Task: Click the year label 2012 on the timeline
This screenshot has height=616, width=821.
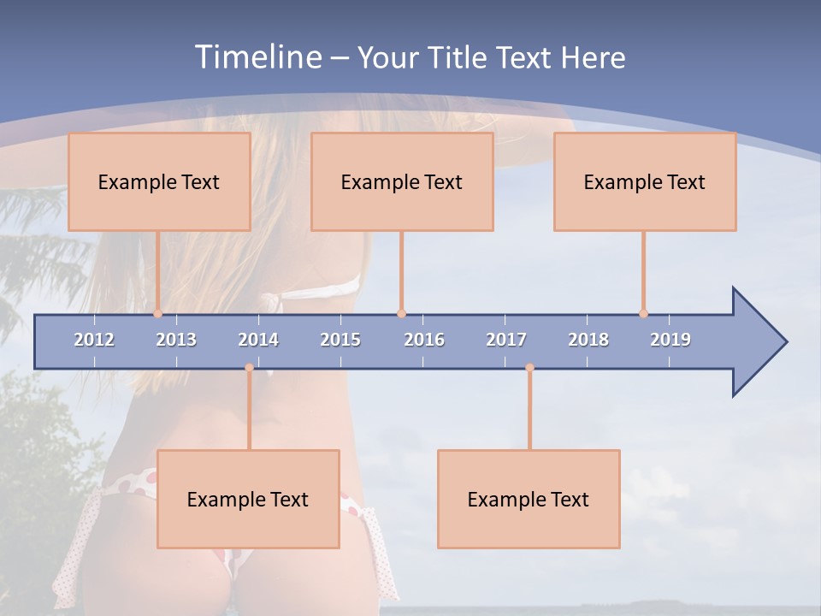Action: pyautogui.click(x=94, y=340)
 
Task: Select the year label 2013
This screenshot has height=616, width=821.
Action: pyautogui.click(x=176, y=340)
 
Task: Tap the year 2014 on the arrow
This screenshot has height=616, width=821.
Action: pyautogui.click(x=258, y=340)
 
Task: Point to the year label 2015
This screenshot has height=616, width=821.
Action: pyautogui.click(x=340, y=340)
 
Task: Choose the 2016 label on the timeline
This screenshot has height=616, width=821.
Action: pyautogui.click(x=424, y=340)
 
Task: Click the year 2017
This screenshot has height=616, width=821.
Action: pyautogui.click(x=506, y=340)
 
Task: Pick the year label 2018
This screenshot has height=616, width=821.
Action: pyautogui.click(x=588, y=340)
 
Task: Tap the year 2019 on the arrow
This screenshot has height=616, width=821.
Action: pyautogui.click(x=670, y=340)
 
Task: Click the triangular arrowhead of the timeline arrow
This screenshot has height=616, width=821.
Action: pyautogui.click(x=756, y=342)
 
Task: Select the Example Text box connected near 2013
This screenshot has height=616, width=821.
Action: pyautogui.click(x=159, y=181)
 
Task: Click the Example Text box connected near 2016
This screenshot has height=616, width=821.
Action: pyautogui.click(x=402, y=181)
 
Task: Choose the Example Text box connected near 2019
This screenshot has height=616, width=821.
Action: pyautogui.click(x=645, y=181)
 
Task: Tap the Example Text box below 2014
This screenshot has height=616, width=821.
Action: pyautogui.click(x=248, y=499)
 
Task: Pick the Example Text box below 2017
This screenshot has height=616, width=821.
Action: pyautogui.click(x=529, y=499)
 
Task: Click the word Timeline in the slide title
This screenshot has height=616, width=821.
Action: pyautogui.click(x=257, y=56)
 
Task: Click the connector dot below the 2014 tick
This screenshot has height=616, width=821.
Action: pyautogui.click(x=249, y=368)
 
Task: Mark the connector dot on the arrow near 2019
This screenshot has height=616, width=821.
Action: pyautogui.click(x=643, y=313)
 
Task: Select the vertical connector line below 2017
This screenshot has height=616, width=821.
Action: pyautogui.click(x=529, y=411)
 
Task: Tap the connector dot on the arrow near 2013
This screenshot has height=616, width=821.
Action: pyautogui.click(x=157, y=313)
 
